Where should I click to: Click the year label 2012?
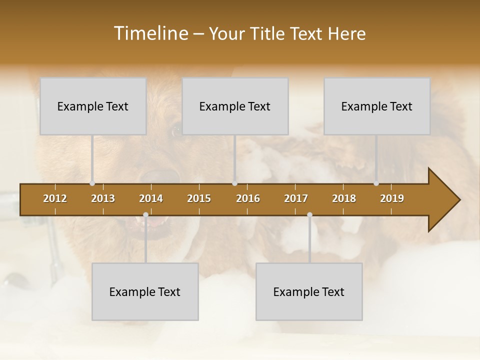pyautogui.click(x=55, y=198)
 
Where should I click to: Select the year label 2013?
pyautogui.click(x=103, y=198)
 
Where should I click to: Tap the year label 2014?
pyautogui.click(x=151, y=198)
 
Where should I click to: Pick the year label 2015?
pyautogui.click(x=199, y=198)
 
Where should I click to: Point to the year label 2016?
pyautogui.click(x=248, y=198)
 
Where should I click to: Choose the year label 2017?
pyautogui.click(x=296, y=198)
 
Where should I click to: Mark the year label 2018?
pyautogui.click(x=344, y=198)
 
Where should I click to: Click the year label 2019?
pyautogui.click(x=392, y=198)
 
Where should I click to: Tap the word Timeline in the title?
pyautogui.click(x=150, y=33)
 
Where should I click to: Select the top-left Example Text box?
pyautogui.click(x=93, y=106)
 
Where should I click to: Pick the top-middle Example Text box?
pyautogui.click(x=235, y=106)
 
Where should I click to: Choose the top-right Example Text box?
pyautogui.click(x=377, y=106)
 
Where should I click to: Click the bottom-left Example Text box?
pyautogui.click(x=145, y=291)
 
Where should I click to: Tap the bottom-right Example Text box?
pyautogui.click(x=309, y=291)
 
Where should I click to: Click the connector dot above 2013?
pyautogui.click(x=92, y=183)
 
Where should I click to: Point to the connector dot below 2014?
pyautogui.click(x=145, y=214)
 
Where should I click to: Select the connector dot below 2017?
pyautogui.click(x=309, y=214)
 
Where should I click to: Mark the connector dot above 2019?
pyautogui.click(x=376, y=183)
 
